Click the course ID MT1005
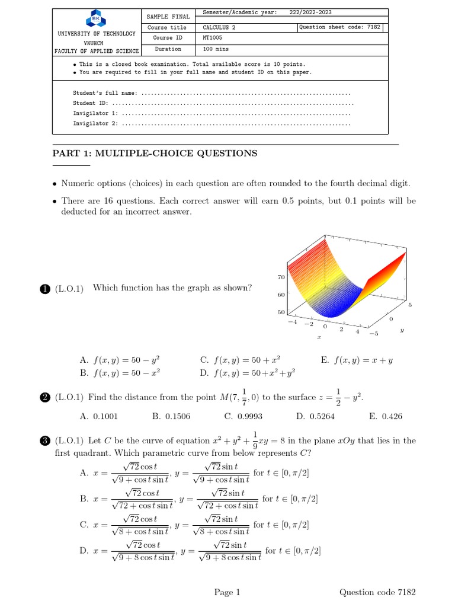coord(213,38)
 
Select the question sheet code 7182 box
coord(340,27)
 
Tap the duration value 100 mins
coord(215,49)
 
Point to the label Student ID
coord(90,103)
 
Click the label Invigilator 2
coord(95,123)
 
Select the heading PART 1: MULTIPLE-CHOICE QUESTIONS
coord(155,154)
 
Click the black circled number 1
coord(44,289)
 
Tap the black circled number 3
coord(44,441)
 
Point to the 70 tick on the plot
coord(281,277)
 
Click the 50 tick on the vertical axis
coord(281,312)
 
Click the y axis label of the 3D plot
coord(402,331)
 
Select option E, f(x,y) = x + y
coord(350,360)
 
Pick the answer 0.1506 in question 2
coord(171,416)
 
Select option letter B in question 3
coord(84,499)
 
